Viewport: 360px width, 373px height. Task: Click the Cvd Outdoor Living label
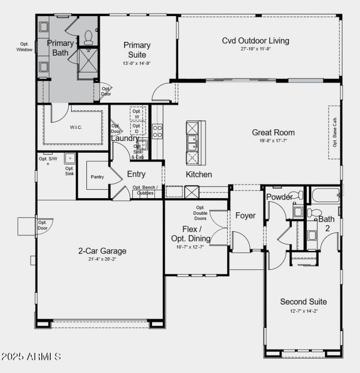(255, 41)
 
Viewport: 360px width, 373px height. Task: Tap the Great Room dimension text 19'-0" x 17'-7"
(273, 141)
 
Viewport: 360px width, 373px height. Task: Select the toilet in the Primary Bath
(88, 36)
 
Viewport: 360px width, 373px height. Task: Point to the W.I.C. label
(76, 127)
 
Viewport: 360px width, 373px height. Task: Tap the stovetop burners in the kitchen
(157, 131)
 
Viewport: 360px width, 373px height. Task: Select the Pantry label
(97, 177)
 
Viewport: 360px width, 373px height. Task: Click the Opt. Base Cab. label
(335, 132)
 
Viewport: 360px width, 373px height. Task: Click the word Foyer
(245, 215)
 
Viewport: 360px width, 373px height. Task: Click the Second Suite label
(303, 301)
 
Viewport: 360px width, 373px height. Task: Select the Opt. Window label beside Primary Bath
(24, 47)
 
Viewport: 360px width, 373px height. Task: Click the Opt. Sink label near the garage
(69, 171)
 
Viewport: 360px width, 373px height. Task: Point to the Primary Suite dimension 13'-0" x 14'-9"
(137, 64)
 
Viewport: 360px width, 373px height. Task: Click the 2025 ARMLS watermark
(31, 357)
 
